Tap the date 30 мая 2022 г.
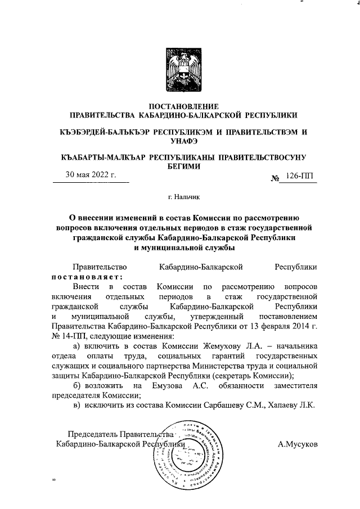pyautogui.click(x=91, y=175)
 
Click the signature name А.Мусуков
pyautogui.click(x=298, y=444)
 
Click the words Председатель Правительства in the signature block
pyautogui.click(x=119, y=434)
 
